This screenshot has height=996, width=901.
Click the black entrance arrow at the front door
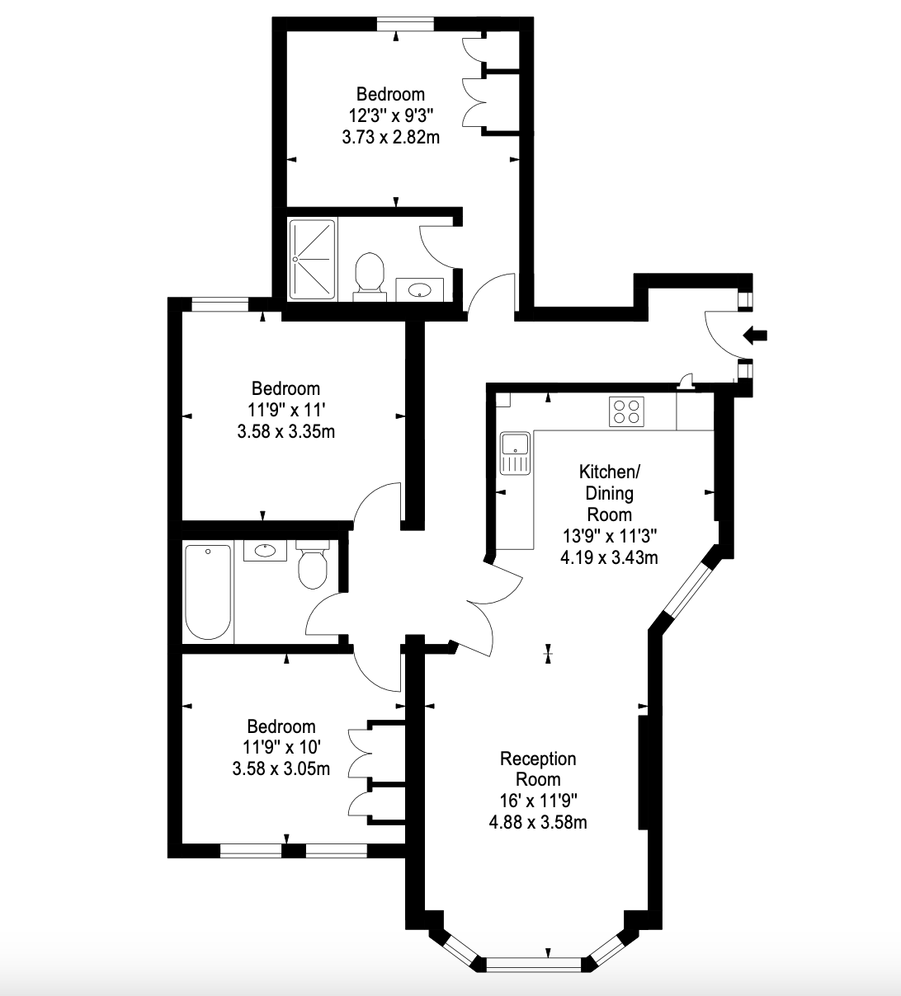(755, 336)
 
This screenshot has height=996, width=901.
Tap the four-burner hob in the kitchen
(626, 411)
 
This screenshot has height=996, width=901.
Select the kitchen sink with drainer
(515, 453)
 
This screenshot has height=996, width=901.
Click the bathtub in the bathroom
(208, 592)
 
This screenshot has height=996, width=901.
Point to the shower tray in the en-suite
(313, 259)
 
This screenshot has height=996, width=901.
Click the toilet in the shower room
(370, 276)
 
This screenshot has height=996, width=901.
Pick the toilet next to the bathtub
(313, 565)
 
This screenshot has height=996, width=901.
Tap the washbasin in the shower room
(420, 289)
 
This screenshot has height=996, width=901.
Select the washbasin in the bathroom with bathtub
(265, 551)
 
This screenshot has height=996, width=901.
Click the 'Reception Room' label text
(538, 768)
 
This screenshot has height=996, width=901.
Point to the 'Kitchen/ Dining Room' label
(609, 493)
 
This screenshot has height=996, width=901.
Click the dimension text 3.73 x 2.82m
(390, 137)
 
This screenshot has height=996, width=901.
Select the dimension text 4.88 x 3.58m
(538, 822)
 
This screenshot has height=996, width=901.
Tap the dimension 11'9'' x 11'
(287, 410)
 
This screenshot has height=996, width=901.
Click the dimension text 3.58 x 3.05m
(281, 768)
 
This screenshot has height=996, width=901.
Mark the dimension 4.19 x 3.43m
(609, 557)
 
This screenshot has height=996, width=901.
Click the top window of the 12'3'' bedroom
(405, 24)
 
